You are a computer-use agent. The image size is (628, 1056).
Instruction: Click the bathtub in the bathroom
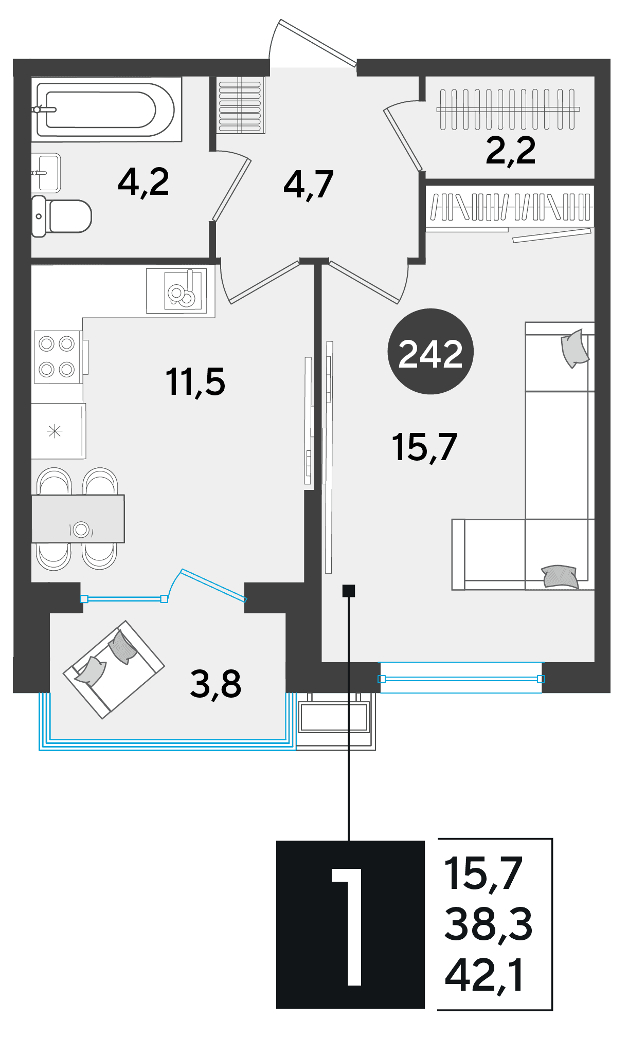[106, 109]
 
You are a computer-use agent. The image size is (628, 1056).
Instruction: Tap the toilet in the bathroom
[61, 216]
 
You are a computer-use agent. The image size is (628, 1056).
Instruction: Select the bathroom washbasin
[46, 173]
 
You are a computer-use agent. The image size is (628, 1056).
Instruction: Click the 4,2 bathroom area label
[143, 183]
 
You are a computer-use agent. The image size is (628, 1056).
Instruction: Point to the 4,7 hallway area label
[309, 185]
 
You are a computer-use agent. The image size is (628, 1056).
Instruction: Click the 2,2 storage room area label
[511, 151]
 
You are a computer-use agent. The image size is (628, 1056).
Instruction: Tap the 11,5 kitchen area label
[195, 383]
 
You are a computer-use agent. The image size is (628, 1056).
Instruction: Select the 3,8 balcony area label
[216, 684]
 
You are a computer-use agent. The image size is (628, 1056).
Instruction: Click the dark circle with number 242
[430, 352]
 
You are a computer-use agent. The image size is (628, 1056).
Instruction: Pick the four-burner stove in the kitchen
[57, 357]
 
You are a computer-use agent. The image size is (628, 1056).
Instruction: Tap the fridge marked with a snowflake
[58, 431]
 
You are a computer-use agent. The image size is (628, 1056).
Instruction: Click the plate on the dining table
[81, 529]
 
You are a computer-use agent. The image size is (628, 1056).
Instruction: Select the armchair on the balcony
[114, 669]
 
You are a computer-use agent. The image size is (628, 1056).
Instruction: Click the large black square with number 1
[350, 924]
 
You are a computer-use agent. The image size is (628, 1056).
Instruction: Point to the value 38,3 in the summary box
[488, 924]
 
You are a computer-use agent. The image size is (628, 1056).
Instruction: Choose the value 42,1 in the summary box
[485, 975]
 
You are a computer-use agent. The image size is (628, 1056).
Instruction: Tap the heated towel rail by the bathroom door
[240, 105]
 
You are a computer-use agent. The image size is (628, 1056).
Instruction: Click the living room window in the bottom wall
[461, 679]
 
